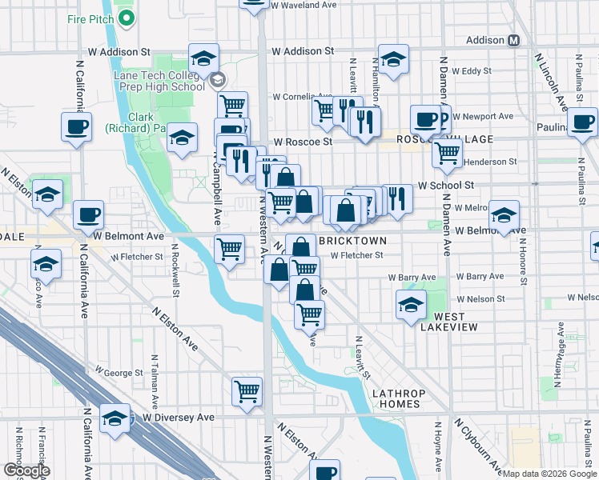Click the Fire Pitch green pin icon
click(x=125, y=18)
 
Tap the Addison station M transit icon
click(x=514, y=40)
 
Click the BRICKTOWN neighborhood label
click(x=352, y=241)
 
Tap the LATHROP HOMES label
click(x=396, y=398)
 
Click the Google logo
click(x=26, y=470)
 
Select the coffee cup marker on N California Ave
click(x=76, y=127)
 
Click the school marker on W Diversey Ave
click(x=115, y=418)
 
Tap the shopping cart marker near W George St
click(x=247, y=392)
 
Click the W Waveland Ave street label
click(x=304, y=5)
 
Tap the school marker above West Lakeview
click(x=411, y=305)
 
